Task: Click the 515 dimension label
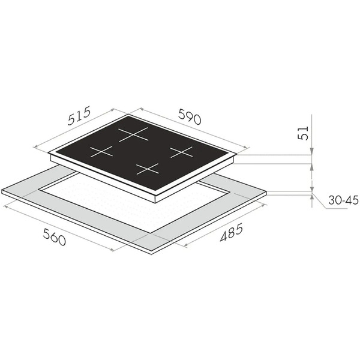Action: pos(79,115)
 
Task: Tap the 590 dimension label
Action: pos(190,116)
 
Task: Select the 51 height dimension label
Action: pos(303,133)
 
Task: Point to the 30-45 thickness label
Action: pos(343,200)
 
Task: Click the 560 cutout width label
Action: pos(55,237)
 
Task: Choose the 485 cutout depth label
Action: pos(231,233)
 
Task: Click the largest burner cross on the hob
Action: pos(133,134)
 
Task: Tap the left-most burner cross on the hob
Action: pos(101,152)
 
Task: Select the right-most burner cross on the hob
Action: pos(181,152)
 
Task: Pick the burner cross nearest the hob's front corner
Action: pos(147,169)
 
